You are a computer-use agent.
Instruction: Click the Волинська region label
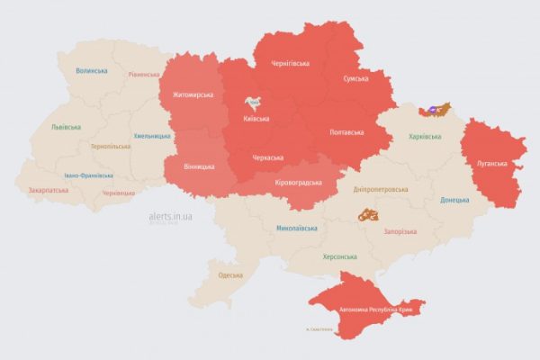[92, 70]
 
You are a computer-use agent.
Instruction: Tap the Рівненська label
[144, 75]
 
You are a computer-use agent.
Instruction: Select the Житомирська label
[192, 94]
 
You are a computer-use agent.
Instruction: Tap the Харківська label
[425, 137]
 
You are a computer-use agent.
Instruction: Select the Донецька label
[454, 200]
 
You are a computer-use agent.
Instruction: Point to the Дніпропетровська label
[378, 189]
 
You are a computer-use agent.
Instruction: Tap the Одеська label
[230, 274]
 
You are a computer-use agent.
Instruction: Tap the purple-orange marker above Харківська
[437, 110]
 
